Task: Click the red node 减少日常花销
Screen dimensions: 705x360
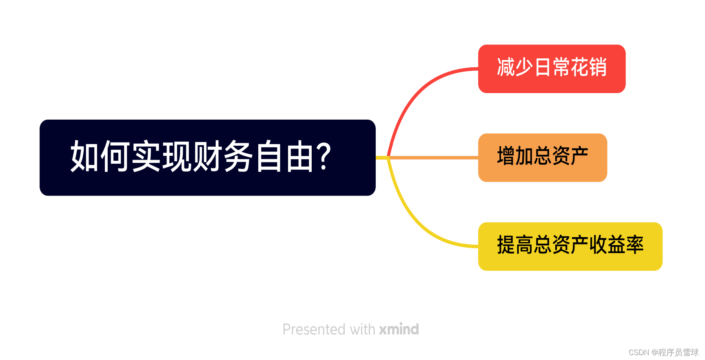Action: (x=552, y=69)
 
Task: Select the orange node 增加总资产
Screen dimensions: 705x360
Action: (x=542, y=158)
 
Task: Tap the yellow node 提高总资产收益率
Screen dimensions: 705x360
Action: (x=570, y=246)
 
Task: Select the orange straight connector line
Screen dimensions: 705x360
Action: (x=432, y=158)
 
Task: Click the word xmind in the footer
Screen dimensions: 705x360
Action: (x=399, y=329)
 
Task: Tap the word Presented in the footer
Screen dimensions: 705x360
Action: (x=314, y=329)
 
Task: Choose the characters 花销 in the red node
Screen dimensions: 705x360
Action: (x=589, y=67)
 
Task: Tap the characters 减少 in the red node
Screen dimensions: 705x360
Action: (x=515, y=67)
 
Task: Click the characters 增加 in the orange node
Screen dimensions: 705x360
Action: (x=515, y=156)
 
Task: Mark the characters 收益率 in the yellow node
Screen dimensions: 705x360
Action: (x=616, y=245)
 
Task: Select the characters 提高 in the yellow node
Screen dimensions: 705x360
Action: (x=515, y=245)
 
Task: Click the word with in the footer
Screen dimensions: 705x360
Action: (x=362, y=329)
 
